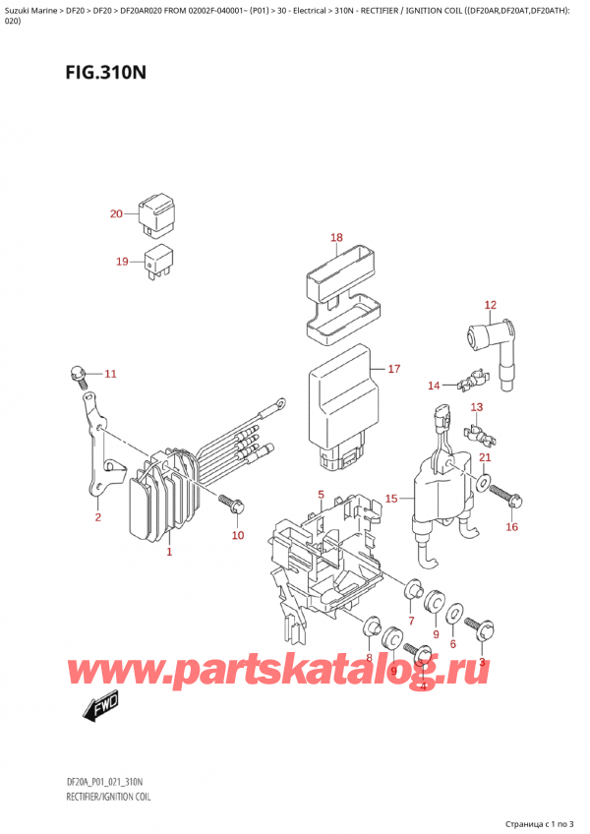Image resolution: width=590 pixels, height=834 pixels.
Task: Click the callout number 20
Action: (x=116, y=214)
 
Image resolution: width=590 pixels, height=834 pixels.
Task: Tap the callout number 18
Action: (x=335, y=237)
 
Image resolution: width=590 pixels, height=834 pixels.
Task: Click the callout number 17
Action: (x=393, y=370)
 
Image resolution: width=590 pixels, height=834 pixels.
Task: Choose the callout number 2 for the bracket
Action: (x=97, y=517)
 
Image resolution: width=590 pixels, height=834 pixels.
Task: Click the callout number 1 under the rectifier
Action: (x=169, y=552)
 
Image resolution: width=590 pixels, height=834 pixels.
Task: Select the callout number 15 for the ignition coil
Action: (x=391, y=499)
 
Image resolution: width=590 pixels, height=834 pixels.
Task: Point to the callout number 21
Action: (x=485, y=458)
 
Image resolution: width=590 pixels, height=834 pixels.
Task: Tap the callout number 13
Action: (x=477, y=407)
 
